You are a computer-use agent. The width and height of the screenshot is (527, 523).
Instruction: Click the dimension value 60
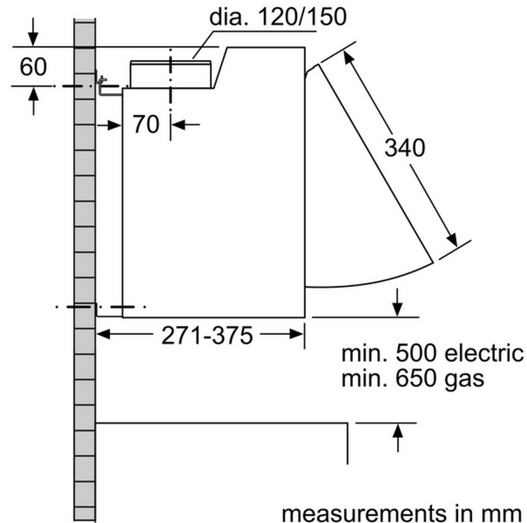(x=33, y=67)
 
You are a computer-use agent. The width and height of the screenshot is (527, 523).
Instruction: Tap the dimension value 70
(x=146, y=124)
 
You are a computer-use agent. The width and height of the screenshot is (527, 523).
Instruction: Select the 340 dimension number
(x=404, y=148)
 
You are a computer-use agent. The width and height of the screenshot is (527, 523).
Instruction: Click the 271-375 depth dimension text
(x=207, y=336)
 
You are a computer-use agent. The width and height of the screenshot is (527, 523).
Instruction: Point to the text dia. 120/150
(x=278, y=17)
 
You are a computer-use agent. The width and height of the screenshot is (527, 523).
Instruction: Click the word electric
(x=483, y=353)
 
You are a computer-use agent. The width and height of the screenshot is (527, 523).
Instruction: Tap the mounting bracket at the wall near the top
(x=103, y=86)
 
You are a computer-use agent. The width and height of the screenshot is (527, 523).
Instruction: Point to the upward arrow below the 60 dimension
(x=33, y=94)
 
